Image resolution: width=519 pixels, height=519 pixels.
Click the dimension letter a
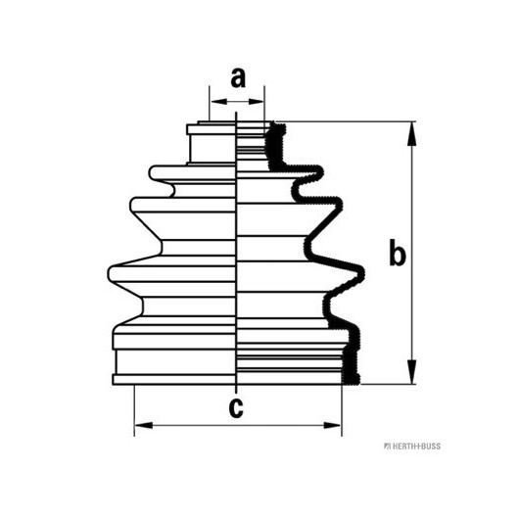coord(238,78)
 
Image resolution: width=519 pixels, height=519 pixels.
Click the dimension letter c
coord(236,407)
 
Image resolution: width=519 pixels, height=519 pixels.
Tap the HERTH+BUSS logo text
coord(412,447)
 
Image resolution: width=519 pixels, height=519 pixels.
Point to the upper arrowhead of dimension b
coord(411,133)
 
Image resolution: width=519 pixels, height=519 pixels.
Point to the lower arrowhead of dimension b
coord(411,372)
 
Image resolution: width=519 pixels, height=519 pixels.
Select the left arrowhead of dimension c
coord(144,425)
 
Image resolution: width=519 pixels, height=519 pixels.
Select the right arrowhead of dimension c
coord(332,425)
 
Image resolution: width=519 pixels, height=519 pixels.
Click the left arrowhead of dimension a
coord(219,101)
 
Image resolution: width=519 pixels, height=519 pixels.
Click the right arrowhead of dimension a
coord(256,101)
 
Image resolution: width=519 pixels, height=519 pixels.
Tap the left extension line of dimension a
coord(210,104)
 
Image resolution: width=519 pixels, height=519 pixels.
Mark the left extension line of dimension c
coord(134,410)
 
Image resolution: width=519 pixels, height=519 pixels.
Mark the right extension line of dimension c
coord(342,410)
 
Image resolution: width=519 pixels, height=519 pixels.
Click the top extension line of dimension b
coord(346,121)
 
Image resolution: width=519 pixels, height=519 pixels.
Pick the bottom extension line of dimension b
coord(388,384)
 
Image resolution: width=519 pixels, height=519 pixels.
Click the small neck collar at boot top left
coord(211,129)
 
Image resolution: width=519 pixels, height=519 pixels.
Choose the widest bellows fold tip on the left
coord(112,274)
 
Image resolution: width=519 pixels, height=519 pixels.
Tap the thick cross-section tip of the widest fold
coord(360,274)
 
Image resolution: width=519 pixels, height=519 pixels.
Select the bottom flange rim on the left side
coord(174,379)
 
